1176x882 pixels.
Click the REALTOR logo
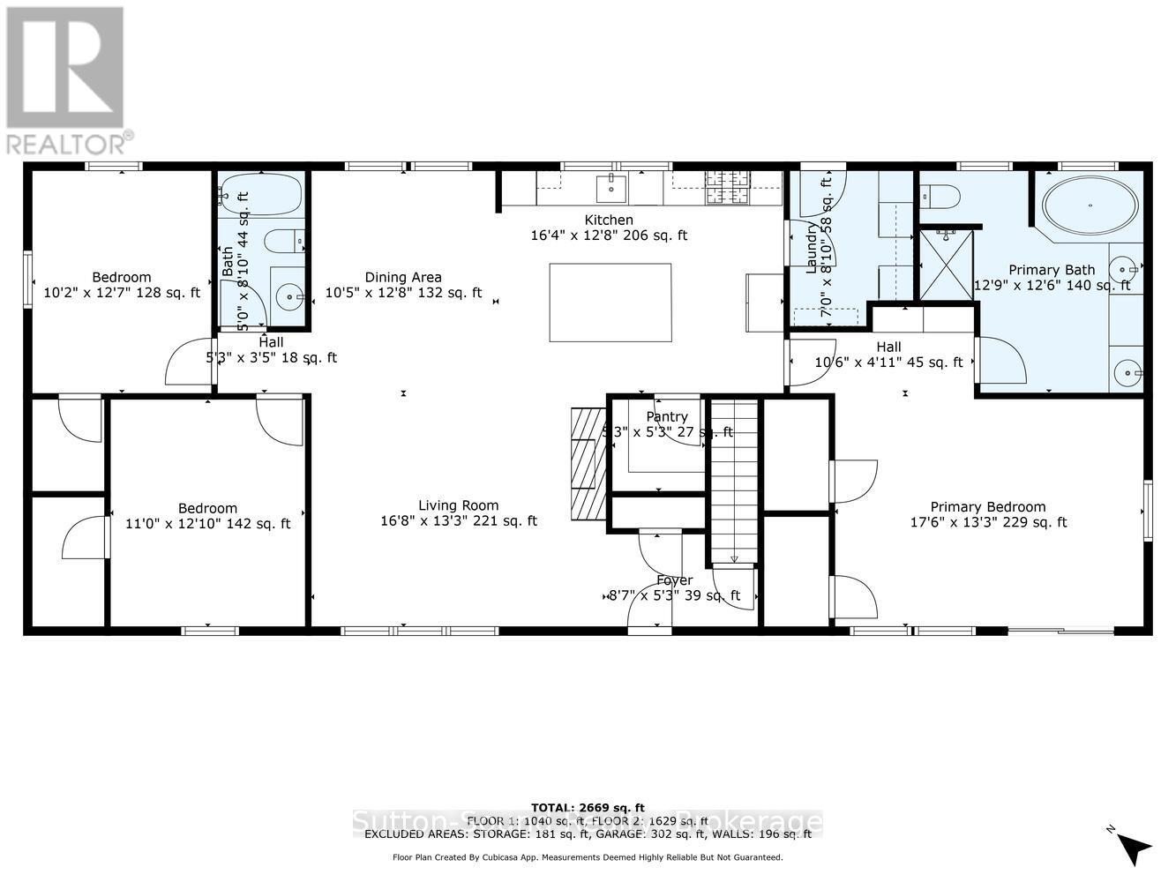point(66,80)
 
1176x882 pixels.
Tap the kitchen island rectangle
point(610,303)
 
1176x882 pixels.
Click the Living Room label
point(458,505)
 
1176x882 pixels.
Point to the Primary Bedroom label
point(987,506)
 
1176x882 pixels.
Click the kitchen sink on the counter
point(610,188)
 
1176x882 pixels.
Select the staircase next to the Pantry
point(734,481)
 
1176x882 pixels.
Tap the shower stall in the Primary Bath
point(945,264)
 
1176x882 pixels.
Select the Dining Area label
point(403,277)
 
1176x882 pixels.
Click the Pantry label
point(666,416)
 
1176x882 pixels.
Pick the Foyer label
point(674,580)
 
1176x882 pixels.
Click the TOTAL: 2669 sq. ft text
point(588,807)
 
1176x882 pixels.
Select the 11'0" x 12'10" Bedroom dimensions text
point(207,524)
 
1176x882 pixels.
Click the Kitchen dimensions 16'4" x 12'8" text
point(608,235)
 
